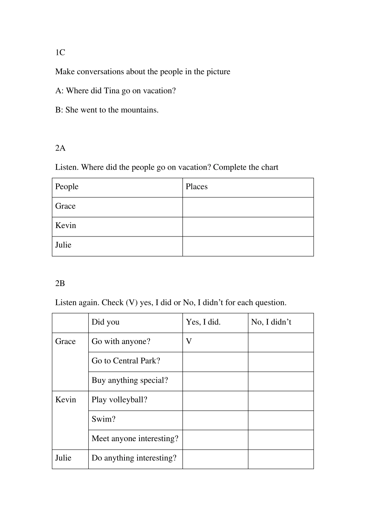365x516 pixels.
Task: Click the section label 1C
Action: pos(60,53)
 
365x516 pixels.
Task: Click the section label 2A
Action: pos(60,148)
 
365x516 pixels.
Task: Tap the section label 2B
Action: pos(60,283)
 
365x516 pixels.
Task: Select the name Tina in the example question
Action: pos(112,91)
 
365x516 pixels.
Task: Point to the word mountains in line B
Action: pos(139,110)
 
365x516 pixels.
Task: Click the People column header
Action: pos(67,187)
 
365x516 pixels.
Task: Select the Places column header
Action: pos(197,187)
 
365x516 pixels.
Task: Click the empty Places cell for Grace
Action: pos(248,207)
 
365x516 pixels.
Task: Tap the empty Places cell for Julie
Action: pos(248,246)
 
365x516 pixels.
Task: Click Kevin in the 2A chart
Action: pos(66,226)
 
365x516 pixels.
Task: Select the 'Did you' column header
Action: pos(106,322)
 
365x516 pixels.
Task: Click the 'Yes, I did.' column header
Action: pos(203,322)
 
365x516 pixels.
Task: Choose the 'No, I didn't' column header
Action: pos(271,322)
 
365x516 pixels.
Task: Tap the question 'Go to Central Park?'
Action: pos(126,361)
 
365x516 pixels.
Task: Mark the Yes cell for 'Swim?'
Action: pos(215,420)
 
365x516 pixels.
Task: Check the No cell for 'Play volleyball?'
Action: pos(280,401)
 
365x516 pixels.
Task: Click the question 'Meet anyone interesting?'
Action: pos(135,439)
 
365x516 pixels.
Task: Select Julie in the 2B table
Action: pos(63,458)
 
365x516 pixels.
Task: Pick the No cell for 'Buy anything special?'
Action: pos(280,381)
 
